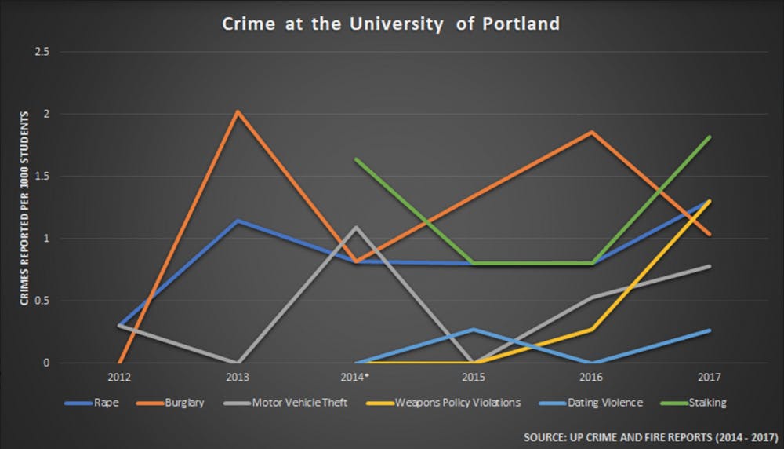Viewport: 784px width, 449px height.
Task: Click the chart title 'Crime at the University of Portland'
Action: [390, 24]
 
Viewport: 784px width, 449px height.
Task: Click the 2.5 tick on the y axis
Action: [42, 52]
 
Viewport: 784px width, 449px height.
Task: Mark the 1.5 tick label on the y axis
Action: [42, 177]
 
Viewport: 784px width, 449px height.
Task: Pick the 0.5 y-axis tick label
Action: [42, 301]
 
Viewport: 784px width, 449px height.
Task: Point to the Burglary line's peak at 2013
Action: [238, 111]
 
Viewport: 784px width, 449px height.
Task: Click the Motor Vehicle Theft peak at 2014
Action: [356, 228]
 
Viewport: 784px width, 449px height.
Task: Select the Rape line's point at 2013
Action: [238, 221]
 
